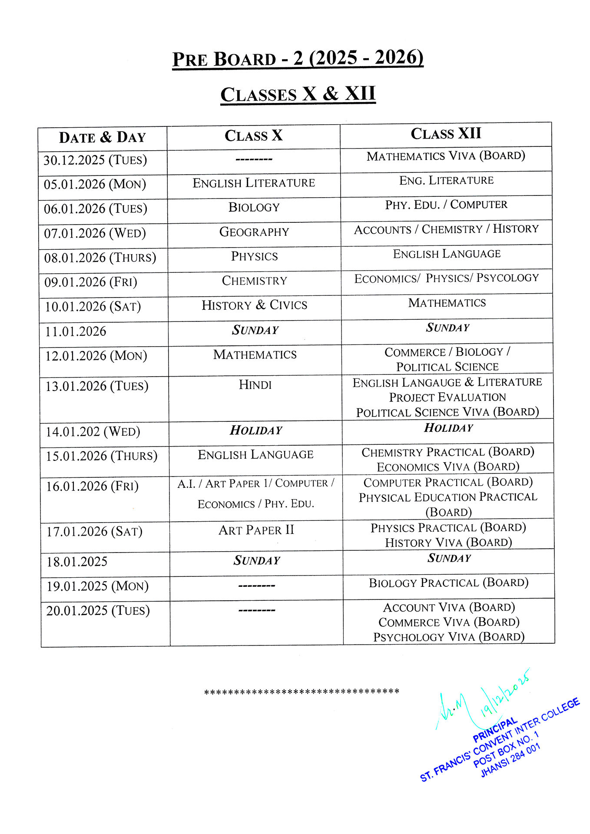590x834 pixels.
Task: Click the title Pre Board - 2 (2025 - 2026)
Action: point(298,59)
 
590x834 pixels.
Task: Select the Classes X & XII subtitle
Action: point(298,94)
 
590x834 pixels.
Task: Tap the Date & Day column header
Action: point(103,138)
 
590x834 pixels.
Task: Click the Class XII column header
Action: point(446,134)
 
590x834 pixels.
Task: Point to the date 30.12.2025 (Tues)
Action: point(95,160)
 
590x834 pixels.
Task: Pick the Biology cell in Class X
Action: point(254,208)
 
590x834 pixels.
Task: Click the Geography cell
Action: point(254,232)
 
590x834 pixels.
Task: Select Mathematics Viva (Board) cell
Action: point(446,156)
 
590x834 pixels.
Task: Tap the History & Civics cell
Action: point(254,305)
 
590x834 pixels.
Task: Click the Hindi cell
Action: point(255,385)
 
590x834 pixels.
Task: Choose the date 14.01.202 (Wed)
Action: point(93,432)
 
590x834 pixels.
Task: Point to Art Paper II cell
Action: point(256,530)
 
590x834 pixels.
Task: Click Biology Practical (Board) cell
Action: point(448,583)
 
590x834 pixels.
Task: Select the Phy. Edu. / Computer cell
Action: point(446,205)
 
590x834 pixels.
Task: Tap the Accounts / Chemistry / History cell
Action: point(446,229)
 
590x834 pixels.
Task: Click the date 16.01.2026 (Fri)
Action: point(93,486)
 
